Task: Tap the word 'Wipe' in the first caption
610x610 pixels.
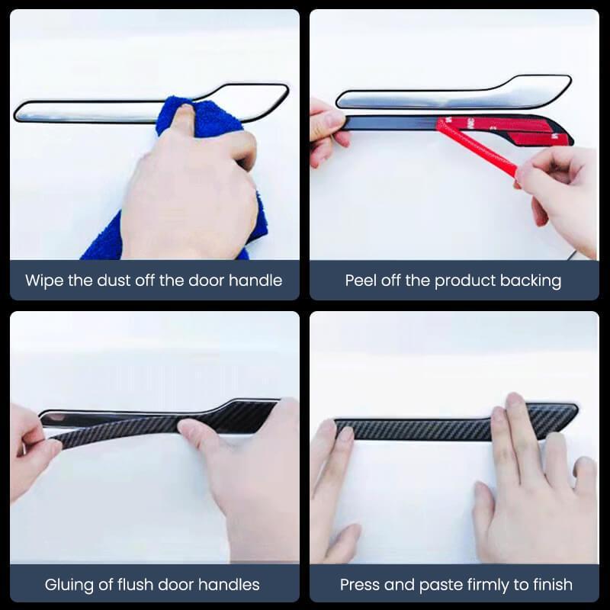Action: point(43,281)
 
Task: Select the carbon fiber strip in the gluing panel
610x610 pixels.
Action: point(152,423)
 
